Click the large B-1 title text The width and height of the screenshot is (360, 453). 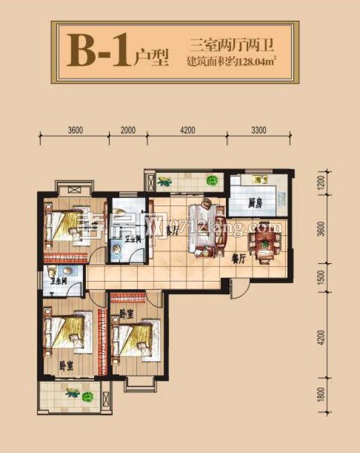point(99,51)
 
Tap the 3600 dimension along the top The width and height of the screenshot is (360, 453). point(74,130)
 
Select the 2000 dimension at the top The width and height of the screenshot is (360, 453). point(127,130)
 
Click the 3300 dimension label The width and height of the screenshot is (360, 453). point(259,130)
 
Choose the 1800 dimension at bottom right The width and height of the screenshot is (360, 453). point(320,407)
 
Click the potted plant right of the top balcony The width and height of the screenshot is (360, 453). point(213,179)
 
